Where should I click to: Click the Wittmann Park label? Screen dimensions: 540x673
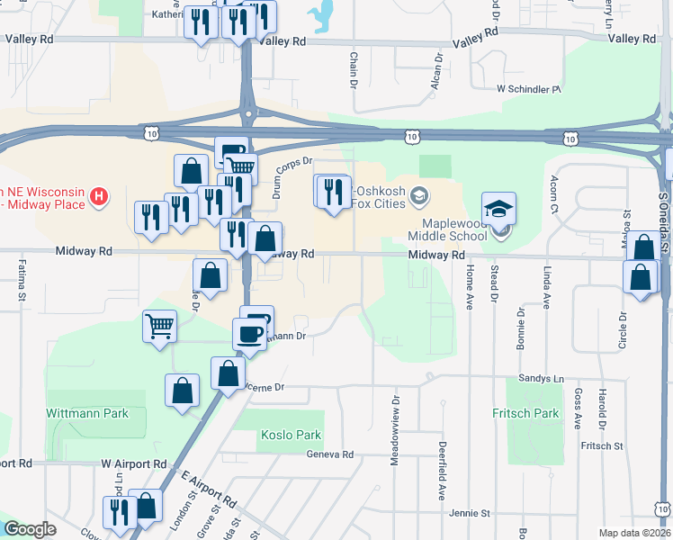[x=87, y=414]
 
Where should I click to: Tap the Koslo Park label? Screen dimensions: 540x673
[x=291, y=436]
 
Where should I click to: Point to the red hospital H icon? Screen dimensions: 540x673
[x=101, y=194]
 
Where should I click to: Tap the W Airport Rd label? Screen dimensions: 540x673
[x=134, y=463]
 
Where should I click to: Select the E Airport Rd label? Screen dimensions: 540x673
[x=207, y=490]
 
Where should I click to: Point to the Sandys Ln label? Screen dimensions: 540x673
[x=540, y=379]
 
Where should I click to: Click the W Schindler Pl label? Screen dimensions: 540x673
[x=528, y=90]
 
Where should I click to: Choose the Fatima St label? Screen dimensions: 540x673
[x=22, y=278]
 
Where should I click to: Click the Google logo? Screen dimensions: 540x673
[x=29, y=529]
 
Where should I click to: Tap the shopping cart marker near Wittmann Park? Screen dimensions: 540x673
[x=159, y=328]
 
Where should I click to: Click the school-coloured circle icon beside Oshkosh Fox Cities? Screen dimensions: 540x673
[x=418, y=195]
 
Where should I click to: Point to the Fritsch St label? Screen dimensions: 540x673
[x=602, y=445]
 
